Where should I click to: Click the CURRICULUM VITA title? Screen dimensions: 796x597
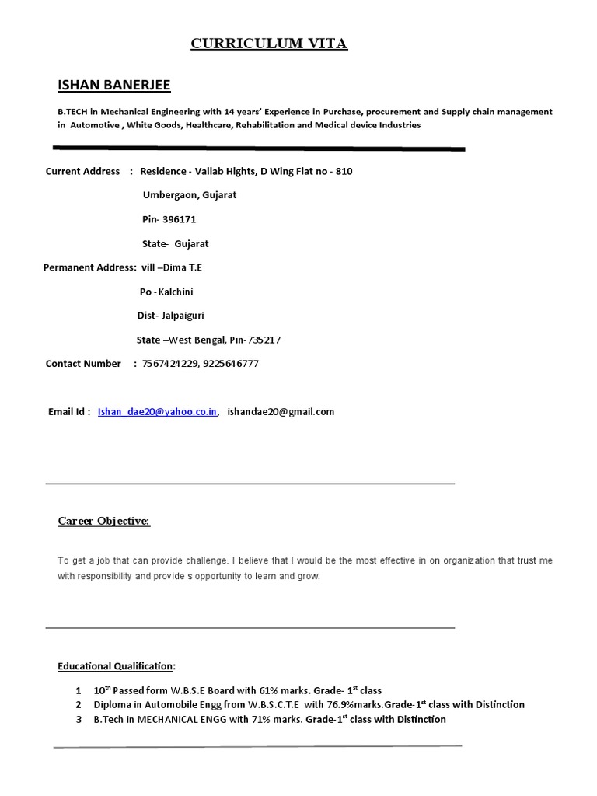269,44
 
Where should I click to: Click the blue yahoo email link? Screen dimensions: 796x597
158,412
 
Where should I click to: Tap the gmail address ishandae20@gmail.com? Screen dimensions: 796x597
281,412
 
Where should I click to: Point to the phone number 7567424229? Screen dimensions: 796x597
169,364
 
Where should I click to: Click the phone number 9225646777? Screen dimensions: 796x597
231,364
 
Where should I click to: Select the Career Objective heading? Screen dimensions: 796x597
103,521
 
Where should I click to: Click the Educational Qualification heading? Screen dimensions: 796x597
116,666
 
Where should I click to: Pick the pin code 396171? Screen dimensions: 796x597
179,219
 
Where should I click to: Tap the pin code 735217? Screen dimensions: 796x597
265,340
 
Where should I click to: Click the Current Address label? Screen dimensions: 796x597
82,171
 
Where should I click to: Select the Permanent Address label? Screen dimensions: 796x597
89,267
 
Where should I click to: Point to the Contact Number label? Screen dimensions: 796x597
83,364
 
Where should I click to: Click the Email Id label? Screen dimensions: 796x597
69,412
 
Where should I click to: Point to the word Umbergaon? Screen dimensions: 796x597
169,195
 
